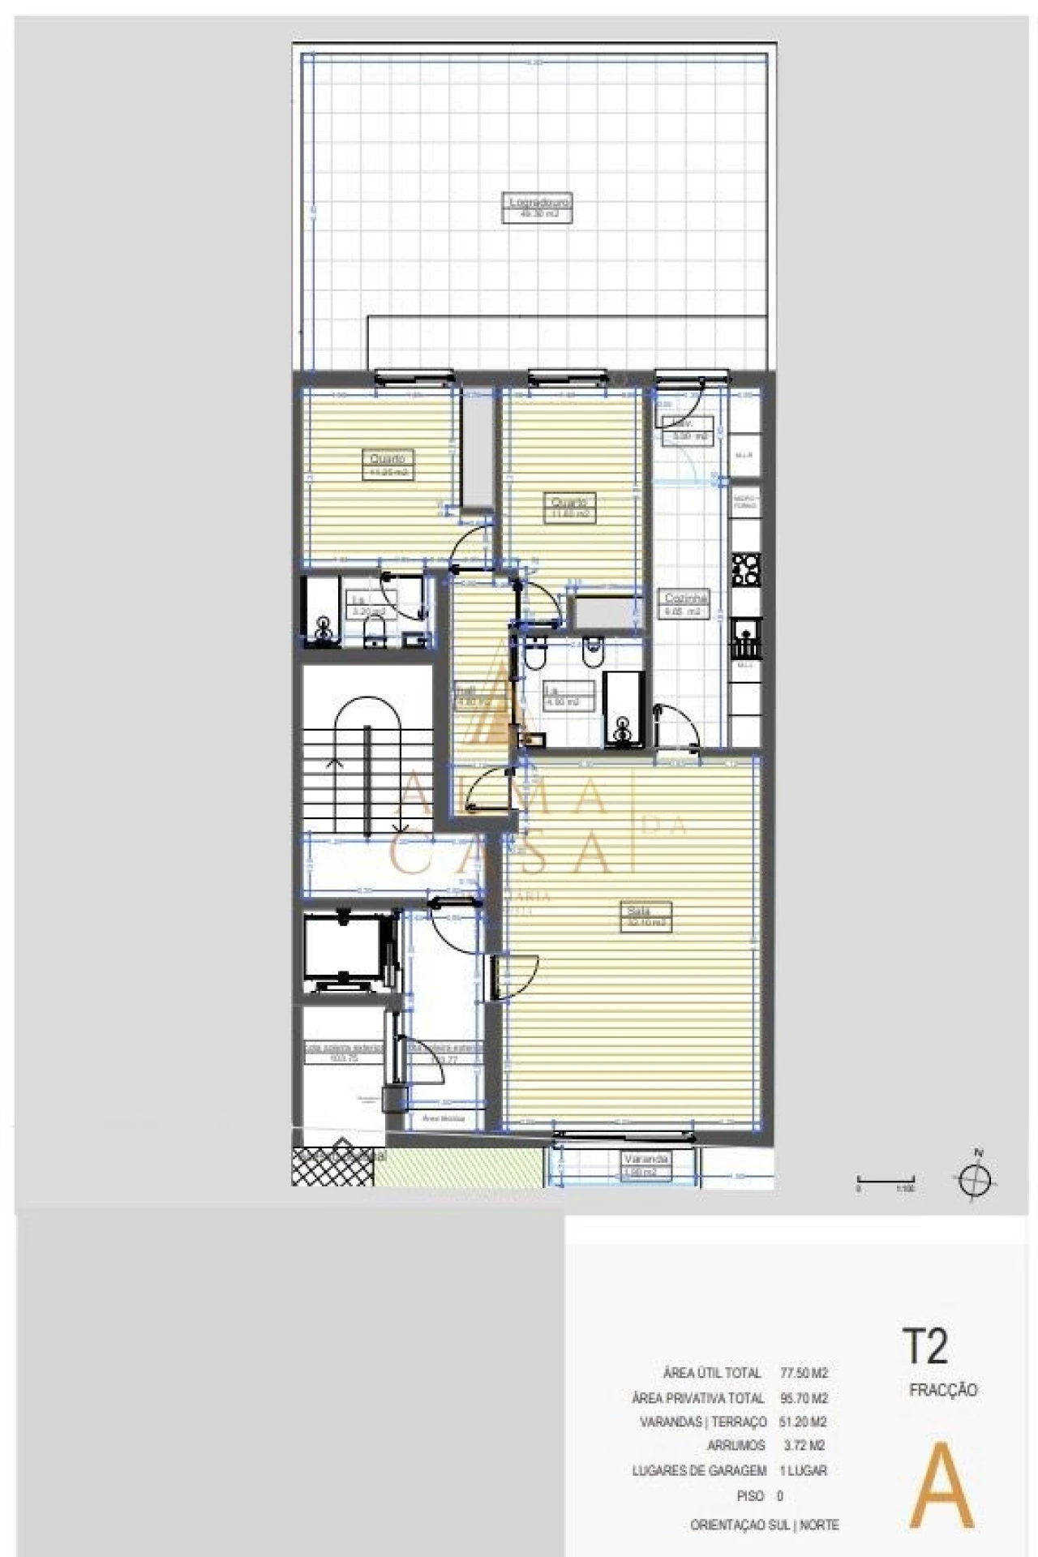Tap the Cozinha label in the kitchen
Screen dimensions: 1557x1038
pos(685,597)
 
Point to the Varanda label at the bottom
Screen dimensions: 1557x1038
pos(646,1160)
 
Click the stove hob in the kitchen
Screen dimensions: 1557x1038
pos(745,569)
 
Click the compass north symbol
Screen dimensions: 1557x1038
pos(978,1179)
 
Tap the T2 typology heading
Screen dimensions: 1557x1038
pos(924,1347)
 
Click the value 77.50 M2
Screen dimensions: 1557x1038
pos(803,1373)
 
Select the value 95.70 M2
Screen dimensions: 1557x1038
pos(803,1398)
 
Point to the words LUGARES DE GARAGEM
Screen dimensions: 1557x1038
pos(699,1470)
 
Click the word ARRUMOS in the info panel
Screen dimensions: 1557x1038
pos(736,1445)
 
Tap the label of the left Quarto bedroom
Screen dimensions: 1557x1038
pos(387,459)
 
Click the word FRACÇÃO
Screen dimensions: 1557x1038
pos(943,1390)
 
